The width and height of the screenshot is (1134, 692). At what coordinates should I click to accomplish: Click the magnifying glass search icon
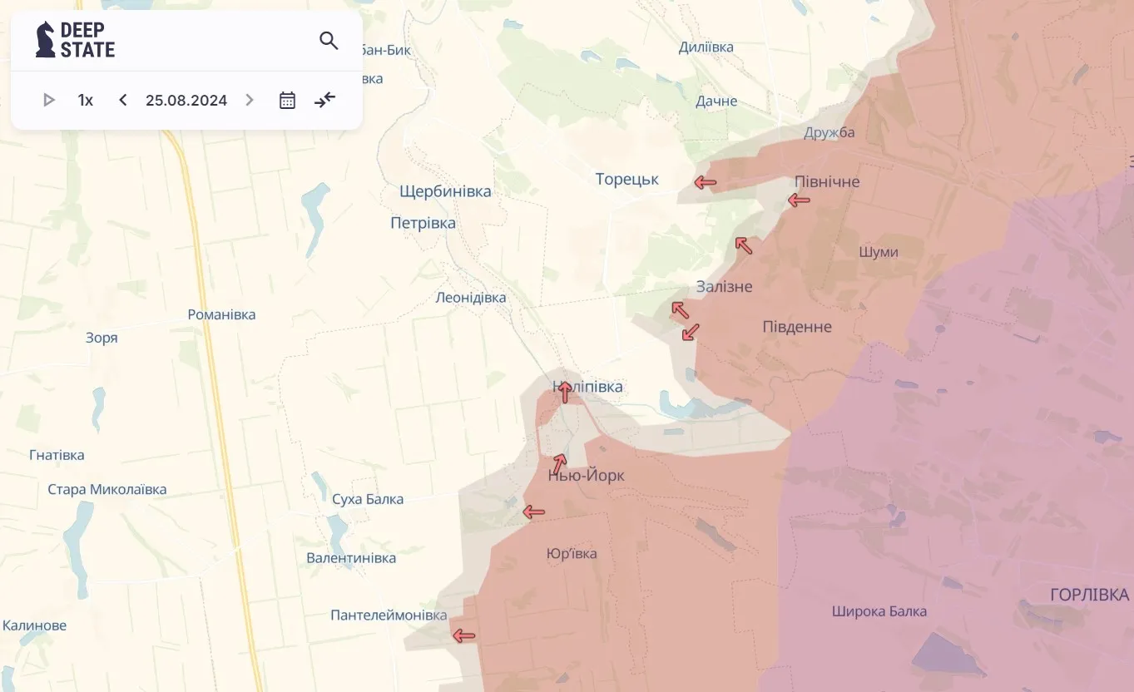[x=329, y=41]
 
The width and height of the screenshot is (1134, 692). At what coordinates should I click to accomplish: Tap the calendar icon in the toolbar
[x=287, y=101]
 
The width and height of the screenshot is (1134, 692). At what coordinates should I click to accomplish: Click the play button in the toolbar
[x=48, y=101]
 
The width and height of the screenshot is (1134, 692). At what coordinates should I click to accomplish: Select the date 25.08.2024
[x=186, y=101]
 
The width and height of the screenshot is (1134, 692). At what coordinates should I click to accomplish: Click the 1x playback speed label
[x=86, y=101]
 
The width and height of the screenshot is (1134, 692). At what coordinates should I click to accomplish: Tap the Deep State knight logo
[x=45, y=40]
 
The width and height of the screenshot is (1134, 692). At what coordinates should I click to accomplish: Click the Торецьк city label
[x=626, y=179]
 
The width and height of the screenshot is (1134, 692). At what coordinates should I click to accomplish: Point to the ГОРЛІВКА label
[x=1089, y=595]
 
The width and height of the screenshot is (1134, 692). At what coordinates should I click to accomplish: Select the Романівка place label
[x=221, y=314]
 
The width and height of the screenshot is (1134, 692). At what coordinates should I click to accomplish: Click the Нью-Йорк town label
[x=586, y=476]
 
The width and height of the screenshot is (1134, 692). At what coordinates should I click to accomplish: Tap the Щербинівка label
[x=445, y=191]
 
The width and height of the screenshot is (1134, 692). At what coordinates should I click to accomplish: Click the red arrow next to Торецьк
[x=706, y=182]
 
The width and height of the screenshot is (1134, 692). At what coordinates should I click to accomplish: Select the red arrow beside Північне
[x=799, y=200]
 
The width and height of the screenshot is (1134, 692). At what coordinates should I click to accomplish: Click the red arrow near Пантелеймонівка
[x=463, y=636]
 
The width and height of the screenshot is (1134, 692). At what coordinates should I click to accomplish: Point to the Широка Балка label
[x=879, y=611]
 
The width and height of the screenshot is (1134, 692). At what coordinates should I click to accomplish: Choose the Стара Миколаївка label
[x=106, y=489]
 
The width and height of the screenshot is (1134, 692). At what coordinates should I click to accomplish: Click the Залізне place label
[x=724, y=287]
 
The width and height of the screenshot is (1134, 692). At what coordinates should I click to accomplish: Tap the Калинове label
[x=34, y=625]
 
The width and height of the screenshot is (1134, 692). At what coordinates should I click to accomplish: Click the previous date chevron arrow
[x=123, y=101]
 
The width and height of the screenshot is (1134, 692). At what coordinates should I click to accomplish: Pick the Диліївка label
[x=706, y=47]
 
